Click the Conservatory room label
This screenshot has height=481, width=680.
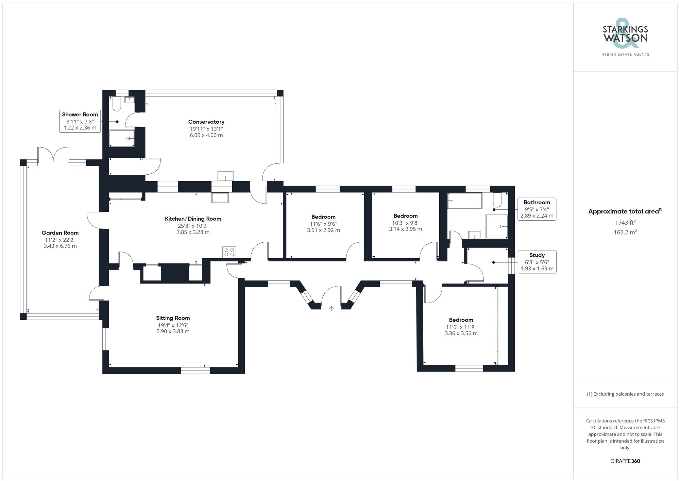(206, 122)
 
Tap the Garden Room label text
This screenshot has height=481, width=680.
(60, 233)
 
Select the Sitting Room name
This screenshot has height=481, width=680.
(173, 318)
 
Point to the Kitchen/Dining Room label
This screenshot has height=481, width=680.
(193, 219)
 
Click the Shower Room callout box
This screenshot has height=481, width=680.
(80, 121)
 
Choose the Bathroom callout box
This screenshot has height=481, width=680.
(537, 209)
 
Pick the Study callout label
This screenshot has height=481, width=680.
(537, 262)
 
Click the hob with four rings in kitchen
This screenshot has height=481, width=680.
(229, 252)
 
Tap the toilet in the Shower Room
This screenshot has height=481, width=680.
(116, 104)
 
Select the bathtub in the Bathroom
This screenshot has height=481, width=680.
(464, 201)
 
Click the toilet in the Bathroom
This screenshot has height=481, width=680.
(497, 201)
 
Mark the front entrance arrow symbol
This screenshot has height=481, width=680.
(331, 309)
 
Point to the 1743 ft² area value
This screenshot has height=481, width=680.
(625, 223)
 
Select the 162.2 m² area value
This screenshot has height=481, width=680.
(625, 233)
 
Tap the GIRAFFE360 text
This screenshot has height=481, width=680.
(625, 461)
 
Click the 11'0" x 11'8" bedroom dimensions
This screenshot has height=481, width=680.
(461, 327)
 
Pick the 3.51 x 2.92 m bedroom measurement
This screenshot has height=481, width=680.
(323, 230)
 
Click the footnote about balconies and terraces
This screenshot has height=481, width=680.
(625, 394)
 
